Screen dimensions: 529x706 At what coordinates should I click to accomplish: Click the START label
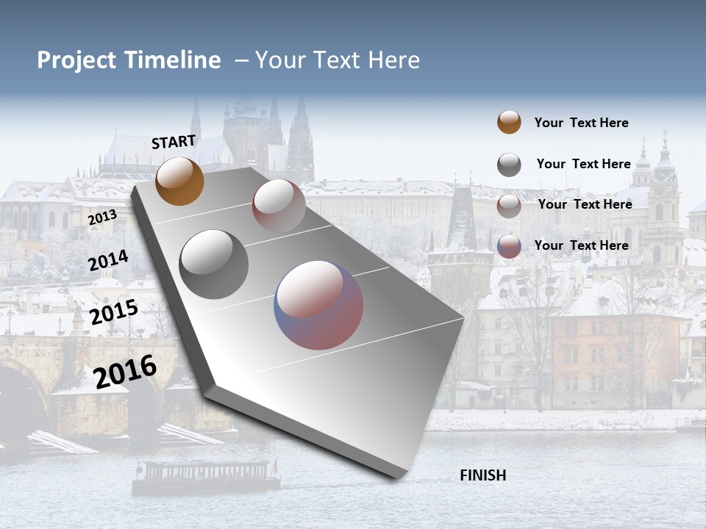coord(174,142)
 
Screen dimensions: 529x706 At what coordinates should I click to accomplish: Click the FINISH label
coord(482,475)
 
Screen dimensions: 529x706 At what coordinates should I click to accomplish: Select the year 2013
coord(102,217)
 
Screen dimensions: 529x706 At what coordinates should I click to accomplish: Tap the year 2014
coord(109,260)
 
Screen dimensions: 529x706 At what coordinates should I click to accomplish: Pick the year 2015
coord(114,312)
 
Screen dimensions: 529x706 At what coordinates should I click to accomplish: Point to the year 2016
coord(126,371)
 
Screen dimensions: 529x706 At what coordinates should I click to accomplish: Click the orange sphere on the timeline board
coord(179,181)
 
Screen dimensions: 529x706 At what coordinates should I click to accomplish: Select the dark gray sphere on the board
coord(214,264)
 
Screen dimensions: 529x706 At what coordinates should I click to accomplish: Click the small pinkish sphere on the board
coord(279,205)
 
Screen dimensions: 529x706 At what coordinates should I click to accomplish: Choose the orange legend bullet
coord(509,123)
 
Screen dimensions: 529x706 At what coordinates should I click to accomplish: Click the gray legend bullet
coord(509,165)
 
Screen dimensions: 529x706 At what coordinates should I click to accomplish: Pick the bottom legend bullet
coord(509,246)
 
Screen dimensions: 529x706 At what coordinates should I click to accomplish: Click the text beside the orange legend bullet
coord(581,123)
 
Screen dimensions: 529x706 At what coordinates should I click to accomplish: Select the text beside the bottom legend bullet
coord(581,245)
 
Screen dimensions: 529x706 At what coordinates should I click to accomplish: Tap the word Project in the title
coord(76,60)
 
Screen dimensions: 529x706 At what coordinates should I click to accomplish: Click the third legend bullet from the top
coord(509,206)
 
